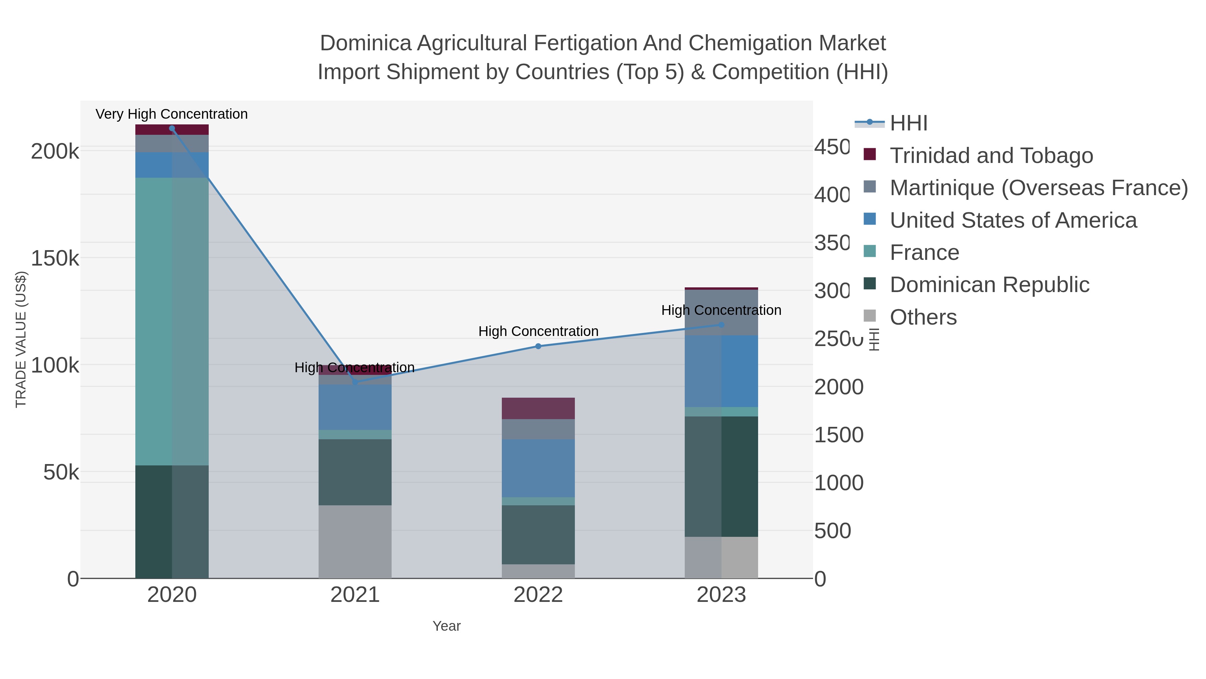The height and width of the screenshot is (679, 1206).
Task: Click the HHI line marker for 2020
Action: click(172, 128)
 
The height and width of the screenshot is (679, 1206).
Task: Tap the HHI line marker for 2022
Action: click(538, 346)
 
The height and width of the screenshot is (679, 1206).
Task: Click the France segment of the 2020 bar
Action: click(172, 322)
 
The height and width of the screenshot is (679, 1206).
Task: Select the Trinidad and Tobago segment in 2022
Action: click(538, 408)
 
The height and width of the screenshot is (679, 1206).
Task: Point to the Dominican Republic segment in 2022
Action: click(538, 535)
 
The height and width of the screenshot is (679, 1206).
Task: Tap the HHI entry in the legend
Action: click(908, 123)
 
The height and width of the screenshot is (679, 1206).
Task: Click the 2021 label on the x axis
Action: click(355, 595)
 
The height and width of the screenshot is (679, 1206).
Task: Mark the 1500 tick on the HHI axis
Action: click(838, 435)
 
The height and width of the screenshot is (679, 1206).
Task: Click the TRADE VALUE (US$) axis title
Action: click(21, 339)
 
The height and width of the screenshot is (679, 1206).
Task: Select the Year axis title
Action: click(446, 626)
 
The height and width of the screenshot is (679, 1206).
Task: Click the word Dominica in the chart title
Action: click(365, 44)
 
